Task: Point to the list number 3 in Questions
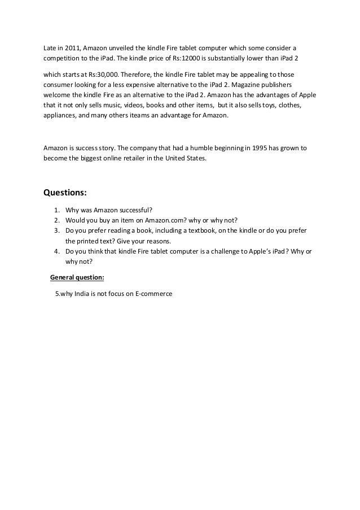point(56,230)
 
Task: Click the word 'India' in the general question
point(84,294)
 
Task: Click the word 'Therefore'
point(135,75)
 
